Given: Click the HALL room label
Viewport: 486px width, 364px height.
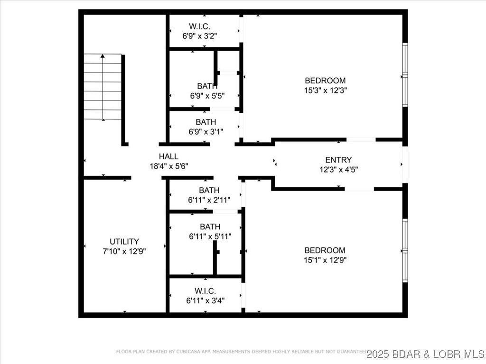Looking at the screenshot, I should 168,156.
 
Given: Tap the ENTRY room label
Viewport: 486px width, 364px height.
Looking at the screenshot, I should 338,160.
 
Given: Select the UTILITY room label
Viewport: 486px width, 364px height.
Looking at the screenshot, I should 124,242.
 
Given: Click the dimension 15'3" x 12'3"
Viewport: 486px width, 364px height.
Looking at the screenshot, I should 325,90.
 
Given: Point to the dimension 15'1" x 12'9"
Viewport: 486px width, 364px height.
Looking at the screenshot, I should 325,260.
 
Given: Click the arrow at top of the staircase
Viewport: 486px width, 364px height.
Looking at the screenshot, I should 103,56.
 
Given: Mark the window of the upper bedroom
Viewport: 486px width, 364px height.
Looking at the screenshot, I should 405,74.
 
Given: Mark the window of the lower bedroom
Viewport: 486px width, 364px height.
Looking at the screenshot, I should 405,250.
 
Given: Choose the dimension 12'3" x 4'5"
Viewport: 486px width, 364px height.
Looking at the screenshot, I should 338,169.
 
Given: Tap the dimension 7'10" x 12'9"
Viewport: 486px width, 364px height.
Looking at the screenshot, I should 124,251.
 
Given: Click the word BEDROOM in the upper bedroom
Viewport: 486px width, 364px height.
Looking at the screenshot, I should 325,81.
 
